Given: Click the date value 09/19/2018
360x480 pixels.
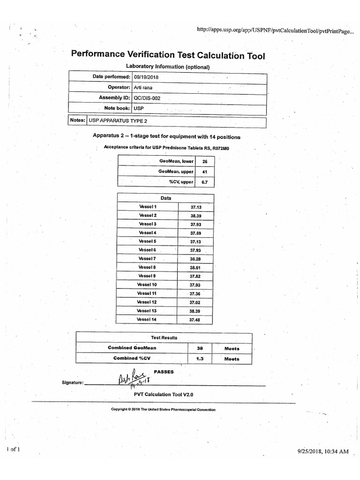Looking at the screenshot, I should [x=146, y=77].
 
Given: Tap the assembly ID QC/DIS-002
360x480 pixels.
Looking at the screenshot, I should [x=147, y=98].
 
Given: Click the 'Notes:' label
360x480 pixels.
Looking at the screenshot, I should [x=77, y=120].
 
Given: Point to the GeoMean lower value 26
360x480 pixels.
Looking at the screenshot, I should [x=204, y=161].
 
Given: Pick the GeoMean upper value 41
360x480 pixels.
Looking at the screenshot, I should [x=204, y=172].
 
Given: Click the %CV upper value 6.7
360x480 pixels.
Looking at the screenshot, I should [x=204, y=182].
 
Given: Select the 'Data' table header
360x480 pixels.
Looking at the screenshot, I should [x=166, y=198].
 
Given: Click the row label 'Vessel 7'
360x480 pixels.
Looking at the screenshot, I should [x=147, y=259].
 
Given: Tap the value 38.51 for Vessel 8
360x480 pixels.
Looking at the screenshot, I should [x=195, y=268].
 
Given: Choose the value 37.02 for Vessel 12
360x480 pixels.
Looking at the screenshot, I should [x=195, y=302].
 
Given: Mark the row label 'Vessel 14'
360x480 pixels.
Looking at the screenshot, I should [x=147, y=320].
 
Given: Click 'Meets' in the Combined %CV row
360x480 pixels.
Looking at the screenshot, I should [x=232, y=359].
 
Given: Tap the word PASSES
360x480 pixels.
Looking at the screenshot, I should [x=164, y=372].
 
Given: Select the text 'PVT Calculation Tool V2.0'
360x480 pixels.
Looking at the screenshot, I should [x=164, y=394].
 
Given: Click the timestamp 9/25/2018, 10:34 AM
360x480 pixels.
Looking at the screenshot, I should [x=323, y=451].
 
